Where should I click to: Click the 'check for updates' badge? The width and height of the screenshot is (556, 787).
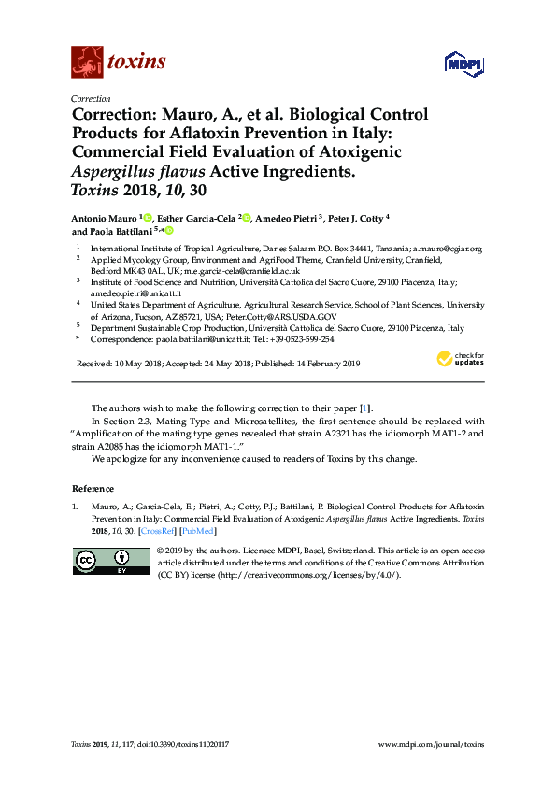click(461, 360)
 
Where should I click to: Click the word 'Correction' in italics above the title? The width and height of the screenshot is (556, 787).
click(91, 98)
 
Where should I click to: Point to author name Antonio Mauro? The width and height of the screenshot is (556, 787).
click(104, 218)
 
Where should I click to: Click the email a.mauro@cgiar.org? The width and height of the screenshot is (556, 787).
click(436, 248)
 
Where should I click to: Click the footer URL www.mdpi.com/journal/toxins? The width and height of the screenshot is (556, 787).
click(431, 744)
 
